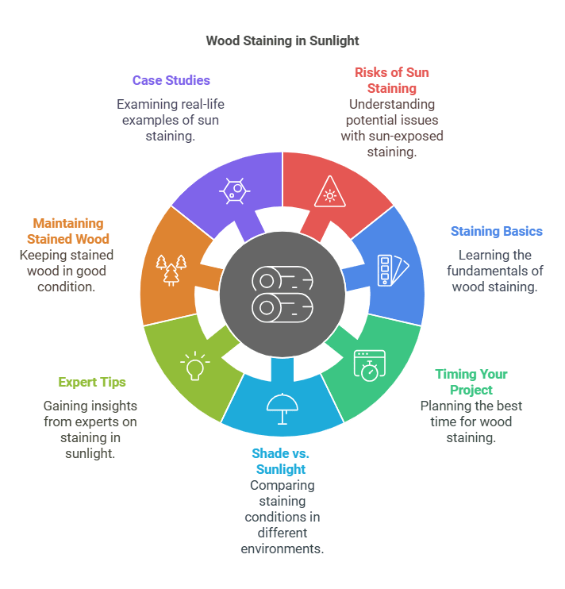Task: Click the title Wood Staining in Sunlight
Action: click(x=282, y=40)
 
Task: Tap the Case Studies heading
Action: click(x=171, y=80)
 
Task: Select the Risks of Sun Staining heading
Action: click(x=392, y=80)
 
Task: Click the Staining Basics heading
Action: click(x=497, y=232)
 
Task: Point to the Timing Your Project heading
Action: click(x=471, y=382)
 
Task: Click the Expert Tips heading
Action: click(x=92, y=383)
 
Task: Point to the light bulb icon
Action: click(x=194, y=366)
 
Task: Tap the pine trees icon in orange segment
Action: click(x=172, y=269)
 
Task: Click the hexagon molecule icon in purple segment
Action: click(x=233, y=191)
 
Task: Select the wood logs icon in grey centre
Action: click(x=282, y=293)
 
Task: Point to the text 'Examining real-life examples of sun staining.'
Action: click(x=167, y=120)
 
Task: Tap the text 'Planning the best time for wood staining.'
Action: click(x=471, y=422)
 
